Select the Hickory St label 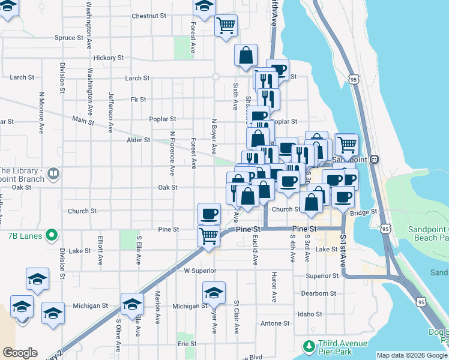pyautogui.click(x=108, y=58)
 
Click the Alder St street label pyautogui.click(x=138, y=140)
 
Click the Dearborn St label pyautogui.click(x=318, y=293)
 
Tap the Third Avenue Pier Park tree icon pyautogui.click(x=309, y=346)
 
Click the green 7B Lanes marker pyautogui.click(x=52, y=234)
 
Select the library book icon pyautogui.click(x=53, y=174)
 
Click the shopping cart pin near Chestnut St pyautogui.click(x=226, y=26)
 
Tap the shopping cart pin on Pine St pyautogui.click(x=208, y=235)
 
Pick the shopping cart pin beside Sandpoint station pyautogui.click(x=346, y=145)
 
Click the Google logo pyautogui.click(x=20, y=353)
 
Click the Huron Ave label pyautogui.click(x=274, y=286)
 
